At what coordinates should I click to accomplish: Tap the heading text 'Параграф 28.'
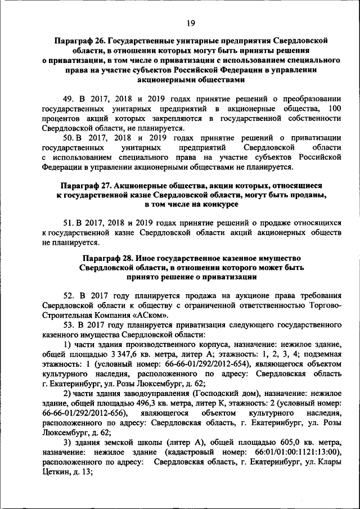tap(107, 257)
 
